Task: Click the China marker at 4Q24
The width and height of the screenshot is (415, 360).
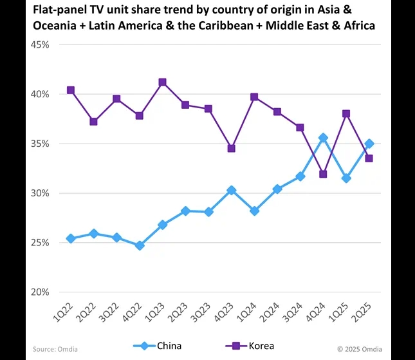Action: coord(323,138)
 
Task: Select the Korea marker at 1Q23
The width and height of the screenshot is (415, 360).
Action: coord(162,82)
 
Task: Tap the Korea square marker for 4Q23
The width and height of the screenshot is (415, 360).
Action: coord(231,148)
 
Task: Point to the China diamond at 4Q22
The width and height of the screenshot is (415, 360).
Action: coord(140,245)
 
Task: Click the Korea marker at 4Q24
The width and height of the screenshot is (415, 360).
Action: coord(323,174)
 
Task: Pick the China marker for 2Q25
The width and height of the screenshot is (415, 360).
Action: coord(369,144)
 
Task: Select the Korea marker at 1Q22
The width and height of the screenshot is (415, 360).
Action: coord(71,90)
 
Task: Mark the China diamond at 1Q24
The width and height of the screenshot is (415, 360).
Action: coord(254,211)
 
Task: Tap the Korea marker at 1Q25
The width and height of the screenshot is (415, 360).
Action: coord(346,114)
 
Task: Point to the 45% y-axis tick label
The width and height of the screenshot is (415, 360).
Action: coord(41,44)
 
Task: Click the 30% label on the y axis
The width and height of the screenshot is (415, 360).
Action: coord(41,193)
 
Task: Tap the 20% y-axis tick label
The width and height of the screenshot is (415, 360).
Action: coord(41,292)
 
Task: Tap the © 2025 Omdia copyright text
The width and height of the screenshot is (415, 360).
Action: coord(359,349)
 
